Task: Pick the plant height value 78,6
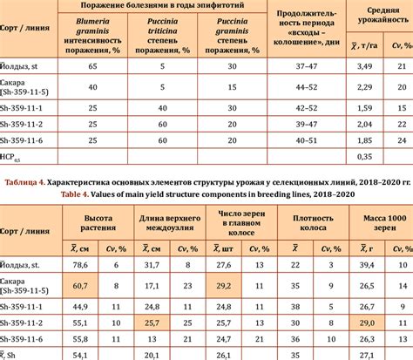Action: pos(79,264)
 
